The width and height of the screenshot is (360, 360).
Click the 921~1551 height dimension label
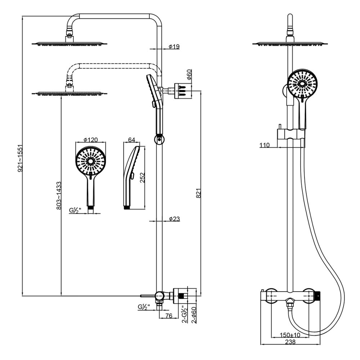[21, 158]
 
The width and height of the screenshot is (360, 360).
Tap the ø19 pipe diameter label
[174, 47]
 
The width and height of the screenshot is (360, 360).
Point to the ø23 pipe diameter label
[174, 219]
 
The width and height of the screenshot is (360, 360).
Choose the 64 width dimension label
[131, 139]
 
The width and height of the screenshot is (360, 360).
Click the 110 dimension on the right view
[265, 145]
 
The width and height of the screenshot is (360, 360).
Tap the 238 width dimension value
[290, 342]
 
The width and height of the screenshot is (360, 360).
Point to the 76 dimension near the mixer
[168, 316]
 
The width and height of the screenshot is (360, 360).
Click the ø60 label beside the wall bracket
[189, 75]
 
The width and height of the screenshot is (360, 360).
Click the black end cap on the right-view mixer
[318, 295]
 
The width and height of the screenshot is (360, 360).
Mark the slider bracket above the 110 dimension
[290, 134]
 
